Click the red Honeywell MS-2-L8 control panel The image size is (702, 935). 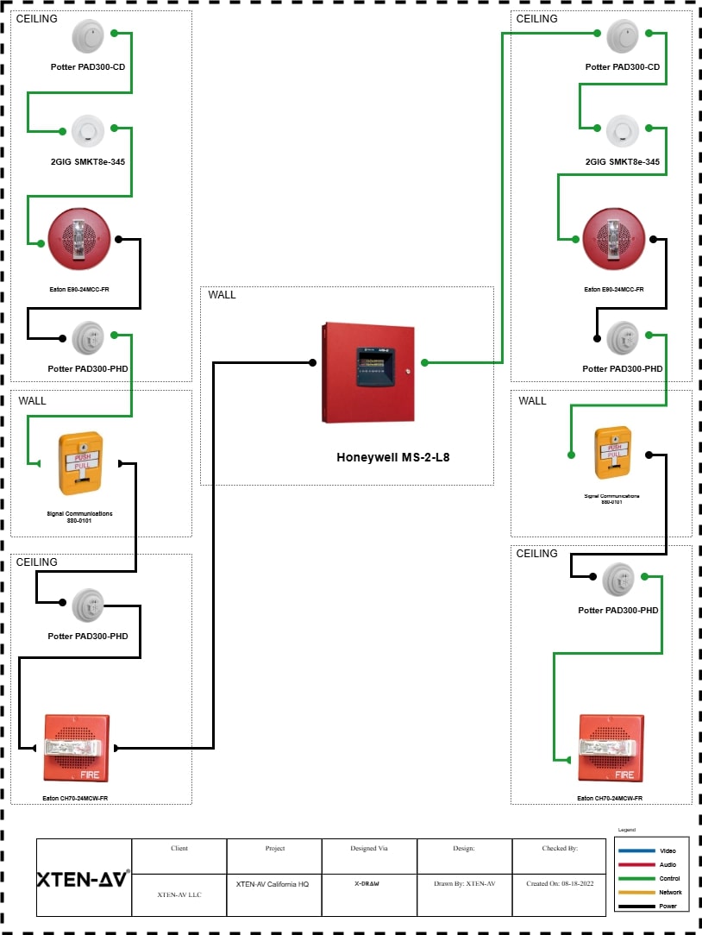click(368, 373)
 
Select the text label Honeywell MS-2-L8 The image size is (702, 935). click(392, 458)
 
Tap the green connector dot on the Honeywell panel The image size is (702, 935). click(424, 363)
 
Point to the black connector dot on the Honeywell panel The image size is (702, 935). click(312, 363)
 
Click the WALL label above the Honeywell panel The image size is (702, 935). click(222, 295)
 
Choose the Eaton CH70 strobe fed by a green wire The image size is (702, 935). click(611, 747)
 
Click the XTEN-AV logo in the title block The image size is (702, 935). click(83, 879)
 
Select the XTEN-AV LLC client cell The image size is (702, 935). click(179, 895)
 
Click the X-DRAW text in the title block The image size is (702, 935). click(368, 884)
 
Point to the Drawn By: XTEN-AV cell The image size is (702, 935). click(464, 884)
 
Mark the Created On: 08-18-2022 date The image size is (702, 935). click(559, 884)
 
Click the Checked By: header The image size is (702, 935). click(559, 849)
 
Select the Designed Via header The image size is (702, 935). click(368, 849)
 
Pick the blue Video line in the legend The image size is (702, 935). click(636, 850)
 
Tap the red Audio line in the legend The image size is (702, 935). click(636, 864)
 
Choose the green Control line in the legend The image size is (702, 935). click(636, 878)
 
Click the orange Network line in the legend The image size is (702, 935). click(636, 892)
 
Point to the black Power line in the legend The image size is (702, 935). click(636, 906)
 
